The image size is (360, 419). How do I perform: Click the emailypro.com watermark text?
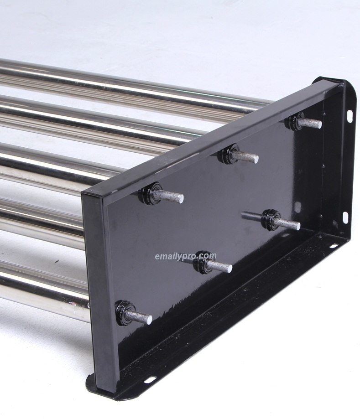coord(185,256)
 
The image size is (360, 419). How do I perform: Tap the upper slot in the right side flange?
coord(350,116)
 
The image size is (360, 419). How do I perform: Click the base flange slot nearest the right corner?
coord(333,246)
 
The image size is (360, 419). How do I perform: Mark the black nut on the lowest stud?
coord(124,312)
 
